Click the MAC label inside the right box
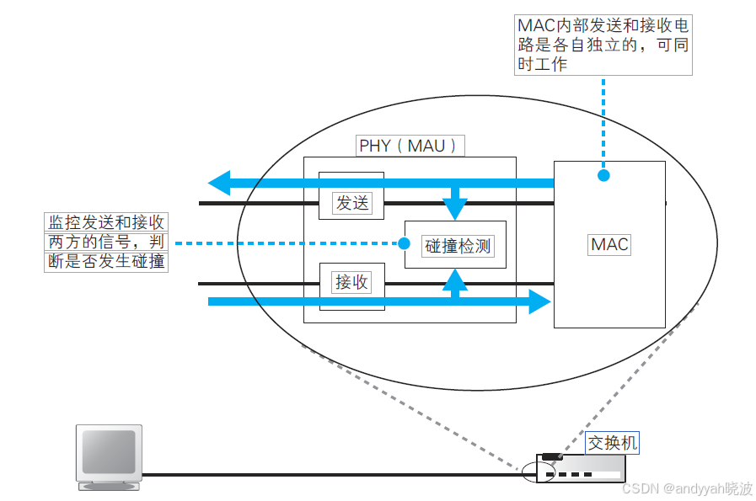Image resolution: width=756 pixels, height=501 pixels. pyautogui.click(x=609, y=244)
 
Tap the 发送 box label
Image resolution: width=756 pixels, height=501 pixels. pyautogui.click(x=352, y=203)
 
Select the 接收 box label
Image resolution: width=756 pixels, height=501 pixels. pyautogui.click(x=352, y=283)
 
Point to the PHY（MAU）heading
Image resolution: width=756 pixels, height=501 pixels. pyautogui.click(x=411, y=146)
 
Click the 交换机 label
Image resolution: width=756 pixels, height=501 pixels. pyautogui.click(x=614, y=442)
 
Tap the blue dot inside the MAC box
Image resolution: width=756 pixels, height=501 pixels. pyautogui.click(x=603, y=175)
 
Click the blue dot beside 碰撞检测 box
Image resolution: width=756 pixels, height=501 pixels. pyautogui.click(x=404, y=243)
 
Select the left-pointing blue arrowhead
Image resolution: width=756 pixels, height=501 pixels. pyautogui.click(x=219, y=182)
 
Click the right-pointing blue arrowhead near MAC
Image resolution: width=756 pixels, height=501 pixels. pyautogui.click(x=539, y=301)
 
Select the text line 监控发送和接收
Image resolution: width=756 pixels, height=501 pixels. pyautogui.click(x=105, y=222)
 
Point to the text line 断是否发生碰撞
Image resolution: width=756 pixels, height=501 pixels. pyautogui.click(x=105, y=262)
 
